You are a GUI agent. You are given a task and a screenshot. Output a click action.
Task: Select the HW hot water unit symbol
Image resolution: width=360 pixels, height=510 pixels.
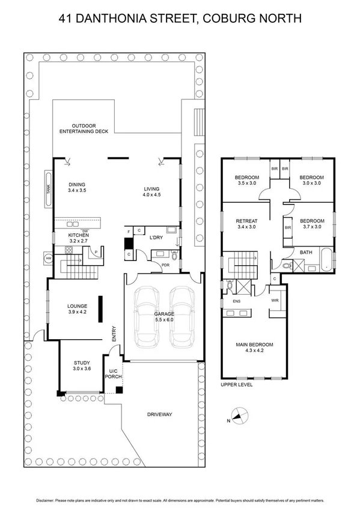[48, 259]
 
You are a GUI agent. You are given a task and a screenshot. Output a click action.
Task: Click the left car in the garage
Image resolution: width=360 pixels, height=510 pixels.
[147, 310]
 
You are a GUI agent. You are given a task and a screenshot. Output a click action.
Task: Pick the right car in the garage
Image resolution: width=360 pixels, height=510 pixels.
[182, 310]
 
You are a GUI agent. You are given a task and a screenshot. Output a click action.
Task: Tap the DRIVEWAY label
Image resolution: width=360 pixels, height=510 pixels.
[160, 414]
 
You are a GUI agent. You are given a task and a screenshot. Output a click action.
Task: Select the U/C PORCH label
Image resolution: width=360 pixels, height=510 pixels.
[114, 374]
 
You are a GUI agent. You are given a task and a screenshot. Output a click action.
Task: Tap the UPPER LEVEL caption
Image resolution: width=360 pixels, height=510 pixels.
[237, 384]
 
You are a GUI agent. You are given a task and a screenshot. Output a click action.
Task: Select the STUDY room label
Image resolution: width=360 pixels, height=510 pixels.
[82, 363]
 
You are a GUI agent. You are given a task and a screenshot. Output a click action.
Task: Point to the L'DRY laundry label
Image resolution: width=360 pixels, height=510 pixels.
[156, 238]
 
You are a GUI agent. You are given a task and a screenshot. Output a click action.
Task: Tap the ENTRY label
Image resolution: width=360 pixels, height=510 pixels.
[113, 333]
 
